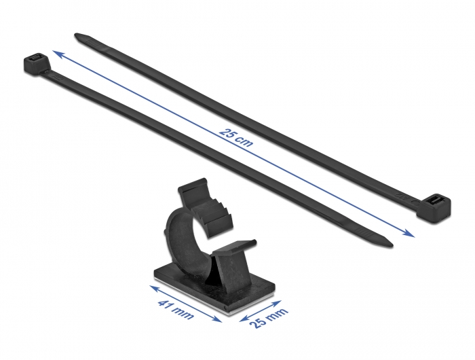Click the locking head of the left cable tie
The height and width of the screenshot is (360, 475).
pyautogui.click(x=34, y=65)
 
